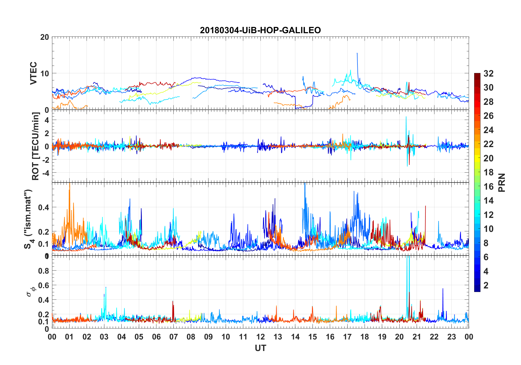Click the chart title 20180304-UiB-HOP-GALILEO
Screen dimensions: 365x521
[260, 30]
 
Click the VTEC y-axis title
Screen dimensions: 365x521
[33, 73]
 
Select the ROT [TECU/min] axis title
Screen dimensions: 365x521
[36, 146]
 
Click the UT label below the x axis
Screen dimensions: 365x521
[260, 348]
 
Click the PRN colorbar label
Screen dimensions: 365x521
[502, 182]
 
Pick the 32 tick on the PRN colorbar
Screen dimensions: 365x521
[488, 74]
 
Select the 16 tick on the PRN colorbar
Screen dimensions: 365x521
[488, 187]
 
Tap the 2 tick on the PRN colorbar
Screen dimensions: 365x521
[486, 285]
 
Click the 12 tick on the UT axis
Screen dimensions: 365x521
[260, 337]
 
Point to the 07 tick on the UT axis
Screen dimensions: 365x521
[174, 337]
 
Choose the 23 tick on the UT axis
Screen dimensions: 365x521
[451, 337]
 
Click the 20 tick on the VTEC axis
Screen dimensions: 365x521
[44, 37]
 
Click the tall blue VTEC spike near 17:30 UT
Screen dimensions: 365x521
[357, 54]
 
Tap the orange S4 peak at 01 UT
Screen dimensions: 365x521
[70, 184]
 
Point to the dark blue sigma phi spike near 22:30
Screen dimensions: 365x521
[443, 289]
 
